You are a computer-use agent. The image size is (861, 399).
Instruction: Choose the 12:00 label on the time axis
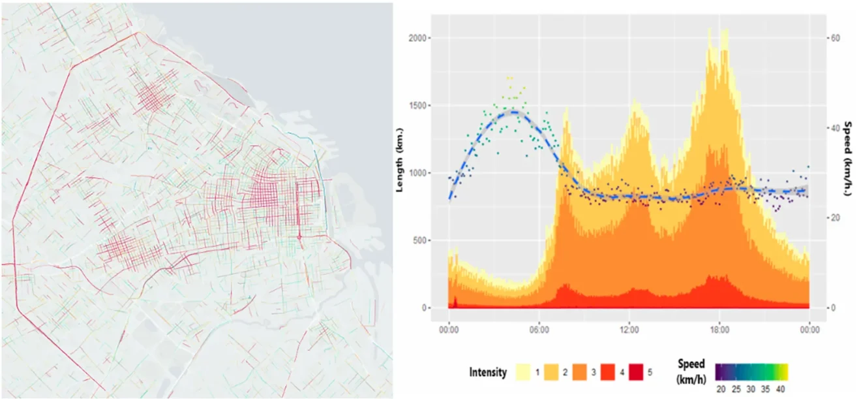click(x=629, y=330)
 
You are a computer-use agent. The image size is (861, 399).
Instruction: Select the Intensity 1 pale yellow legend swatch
click(x=524, y=372)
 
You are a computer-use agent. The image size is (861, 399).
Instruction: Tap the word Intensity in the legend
click(x=487, y=372)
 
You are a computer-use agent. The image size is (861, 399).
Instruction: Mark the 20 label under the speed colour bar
click(x=721, y=389)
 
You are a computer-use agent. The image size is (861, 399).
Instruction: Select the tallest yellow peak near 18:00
click(x=709, y=30)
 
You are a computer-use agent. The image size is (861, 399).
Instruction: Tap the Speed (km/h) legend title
click(x=691, y=372)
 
